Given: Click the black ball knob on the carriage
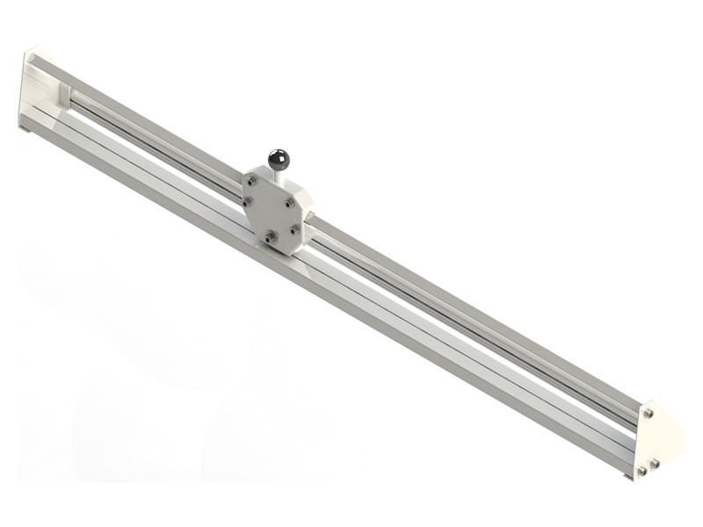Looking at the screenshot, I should tap(279, 159).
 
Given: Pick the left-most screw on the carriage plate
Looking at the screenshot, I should tap(248, 204).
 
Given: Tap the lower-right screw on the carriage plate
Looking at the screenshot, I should tap(294, 229).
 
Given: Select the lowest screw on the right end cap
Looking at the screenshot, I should tap(641, 471).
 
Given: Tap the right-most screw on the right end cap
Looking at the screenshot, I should tap(656, 463).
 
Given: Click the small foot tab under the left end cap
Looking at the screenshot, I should tap(26, 130).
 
